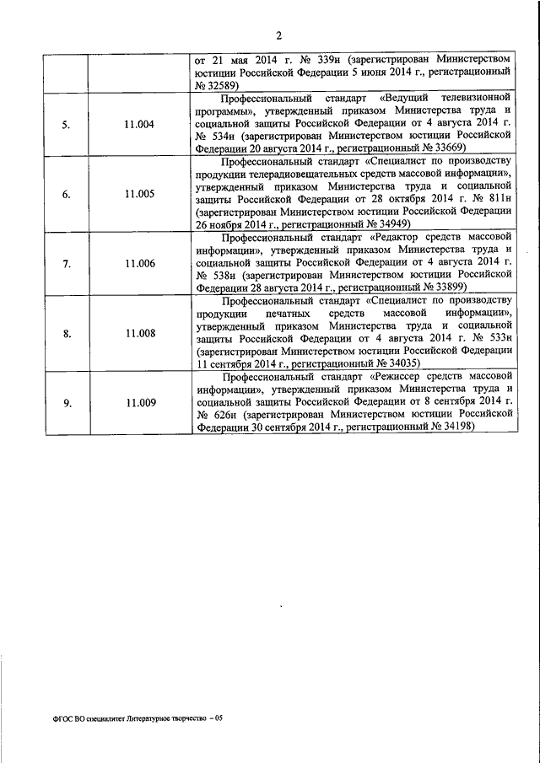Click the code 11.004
point(138,125)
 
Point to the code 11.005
point(138,194)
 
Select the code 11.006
point(138,264)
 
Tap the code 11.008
point(138,334)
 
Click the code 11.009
point(138,403)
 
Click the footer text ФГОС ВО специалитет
point(89,717)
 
